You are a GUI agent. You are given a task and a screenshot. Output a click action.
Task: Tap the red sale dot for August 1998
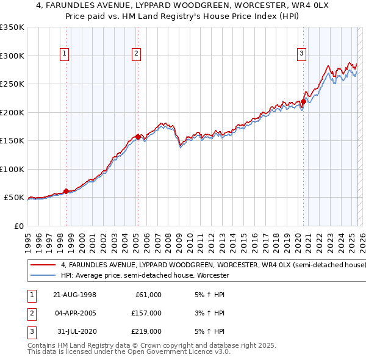coord(66,191)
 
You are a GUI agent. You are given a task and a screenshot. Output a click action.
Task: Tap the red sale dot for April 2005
coord(138,137)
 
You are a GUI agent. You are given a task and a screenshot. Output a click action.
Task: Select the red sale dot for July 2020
coord(303,102)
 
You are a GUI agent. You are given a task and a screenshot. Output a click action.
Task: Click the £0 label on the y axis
coord(19,226)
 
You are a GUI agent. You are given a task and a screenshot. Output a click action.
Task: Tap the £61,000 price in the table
coord(148,295)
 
